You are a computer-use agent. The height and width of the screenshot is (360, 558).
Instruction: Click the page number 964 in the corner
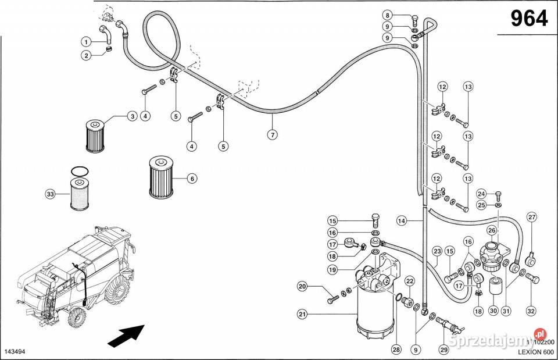[x=528, y=19]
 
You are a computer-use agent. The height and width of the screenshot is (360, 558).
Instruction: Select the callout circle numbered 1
[x=85, y=41]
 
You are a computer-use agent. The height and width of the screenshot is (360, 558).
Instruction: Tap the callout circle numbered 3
[x=133, y=116]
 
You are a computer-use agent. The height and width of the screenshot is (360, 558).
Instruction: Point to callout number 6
[x=191, y=179]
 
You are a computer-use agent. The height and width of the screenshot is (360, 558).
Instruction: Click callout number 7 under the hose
[x=271, y=134]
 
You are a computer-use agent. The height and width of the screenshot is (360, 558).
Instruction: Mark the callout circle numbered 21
[x=302, y=315]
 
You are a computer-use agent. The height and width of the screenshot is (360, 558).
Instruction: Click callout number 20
[x=302, y=286]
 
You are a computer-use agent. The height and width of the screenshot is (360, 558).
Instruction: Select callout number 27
[x=531, y=218]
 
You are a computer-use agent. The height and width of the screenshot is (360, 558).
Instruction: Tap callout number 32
[x=531, y=311]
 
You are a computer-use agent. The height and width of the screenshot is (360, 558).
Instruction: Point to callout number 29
[x=445, y=350]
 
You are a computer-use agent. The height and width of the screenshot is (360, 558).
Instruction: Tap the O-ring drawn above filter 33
[x=80, y=171]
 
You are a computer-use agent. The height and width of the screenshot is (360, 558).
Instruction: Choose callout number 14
[x=401, y=220]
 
